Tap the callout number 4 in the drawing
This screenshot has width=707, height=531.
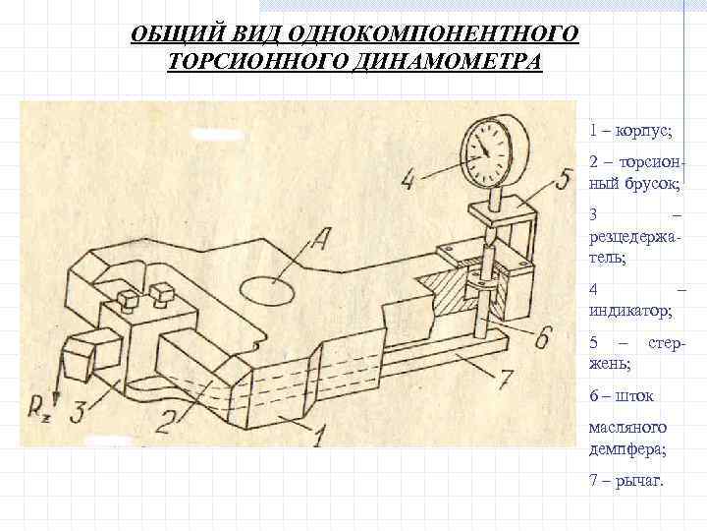pyautogui.click(x=409, y=180)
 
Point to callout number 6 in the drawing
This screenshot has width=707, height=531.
pyautogui.click(x=541, y=335)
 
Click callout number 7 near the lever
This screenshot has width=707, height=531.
pyautogui.click(x=503, y=376)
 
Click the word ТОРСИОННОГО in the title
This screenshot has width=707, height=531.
pyautogui.click(x=246, y=62)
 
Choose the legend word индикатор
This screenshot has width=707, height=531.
pyautogui.click(x=629, y=312)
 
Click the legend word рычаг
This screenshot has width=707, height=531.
pyautogui.click(x=638, y=481)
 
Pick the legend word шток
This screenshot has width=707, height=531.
pyautogui.click(x=639, y=396)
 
